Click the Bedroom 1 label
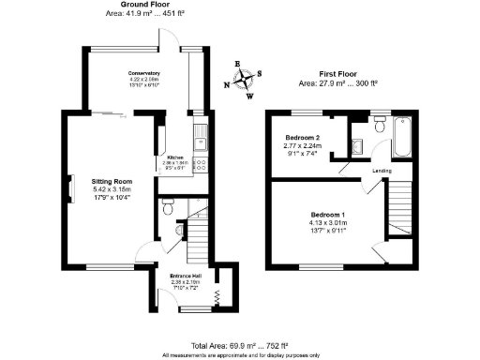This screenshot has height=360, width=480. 328,215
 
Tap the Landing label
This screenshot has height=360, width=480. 381,171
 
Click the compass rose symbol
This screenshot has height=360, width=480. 243,81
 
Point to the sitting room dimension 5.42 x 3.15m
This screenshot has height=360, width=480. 111,189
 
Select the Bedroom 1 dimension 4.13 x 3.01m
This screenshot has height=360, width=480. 328,223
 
